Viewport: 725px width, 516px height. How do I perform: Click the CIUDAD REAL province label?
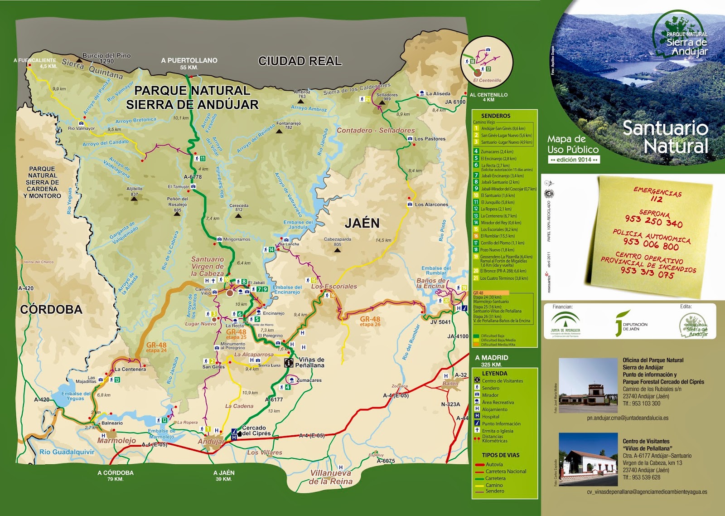click(x=300, y=61)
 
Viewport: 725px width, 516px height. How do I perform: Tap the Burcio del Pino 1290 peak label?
click(x=106, y=58)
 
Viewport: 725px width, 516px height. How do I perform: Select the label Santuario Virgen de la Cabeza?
click(x=208, y=267)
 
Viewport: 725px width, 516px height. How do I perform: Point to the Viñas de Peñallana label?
click(x=311, y=362)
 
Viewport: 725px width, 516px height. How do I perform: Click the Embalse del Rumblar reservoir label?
click(x=435, y=271)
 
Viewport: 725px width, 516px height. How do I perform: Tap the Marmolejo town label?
click(x=116, y=440)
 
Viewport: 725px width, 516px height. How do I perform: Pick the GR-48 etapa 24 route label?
click(x=156, y=347)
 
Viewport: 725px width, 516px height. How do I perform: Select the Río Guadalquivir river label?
click(x=67, y=452)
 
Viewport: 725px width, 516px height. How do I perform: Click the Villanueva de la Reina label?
click(x=331, y=477)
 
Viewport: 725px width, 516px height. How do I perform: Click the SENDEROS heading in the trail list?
click(x=496, y=116)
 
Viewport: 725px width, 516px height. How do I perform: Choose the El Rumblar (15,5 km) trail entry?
click(x=497, y=236)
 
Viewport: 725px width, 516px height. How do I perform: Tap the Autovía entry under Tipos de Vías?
click(x=494, y=464)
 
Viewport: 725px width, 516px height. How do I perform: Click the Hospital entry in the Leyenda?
click(x=490, y=417)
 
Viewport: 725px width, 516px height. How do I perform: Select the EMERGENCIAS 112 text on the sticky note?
click(x=657, y=195)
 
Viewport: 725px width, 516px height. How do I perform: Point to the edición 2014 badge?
click(x=574, y=160)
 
